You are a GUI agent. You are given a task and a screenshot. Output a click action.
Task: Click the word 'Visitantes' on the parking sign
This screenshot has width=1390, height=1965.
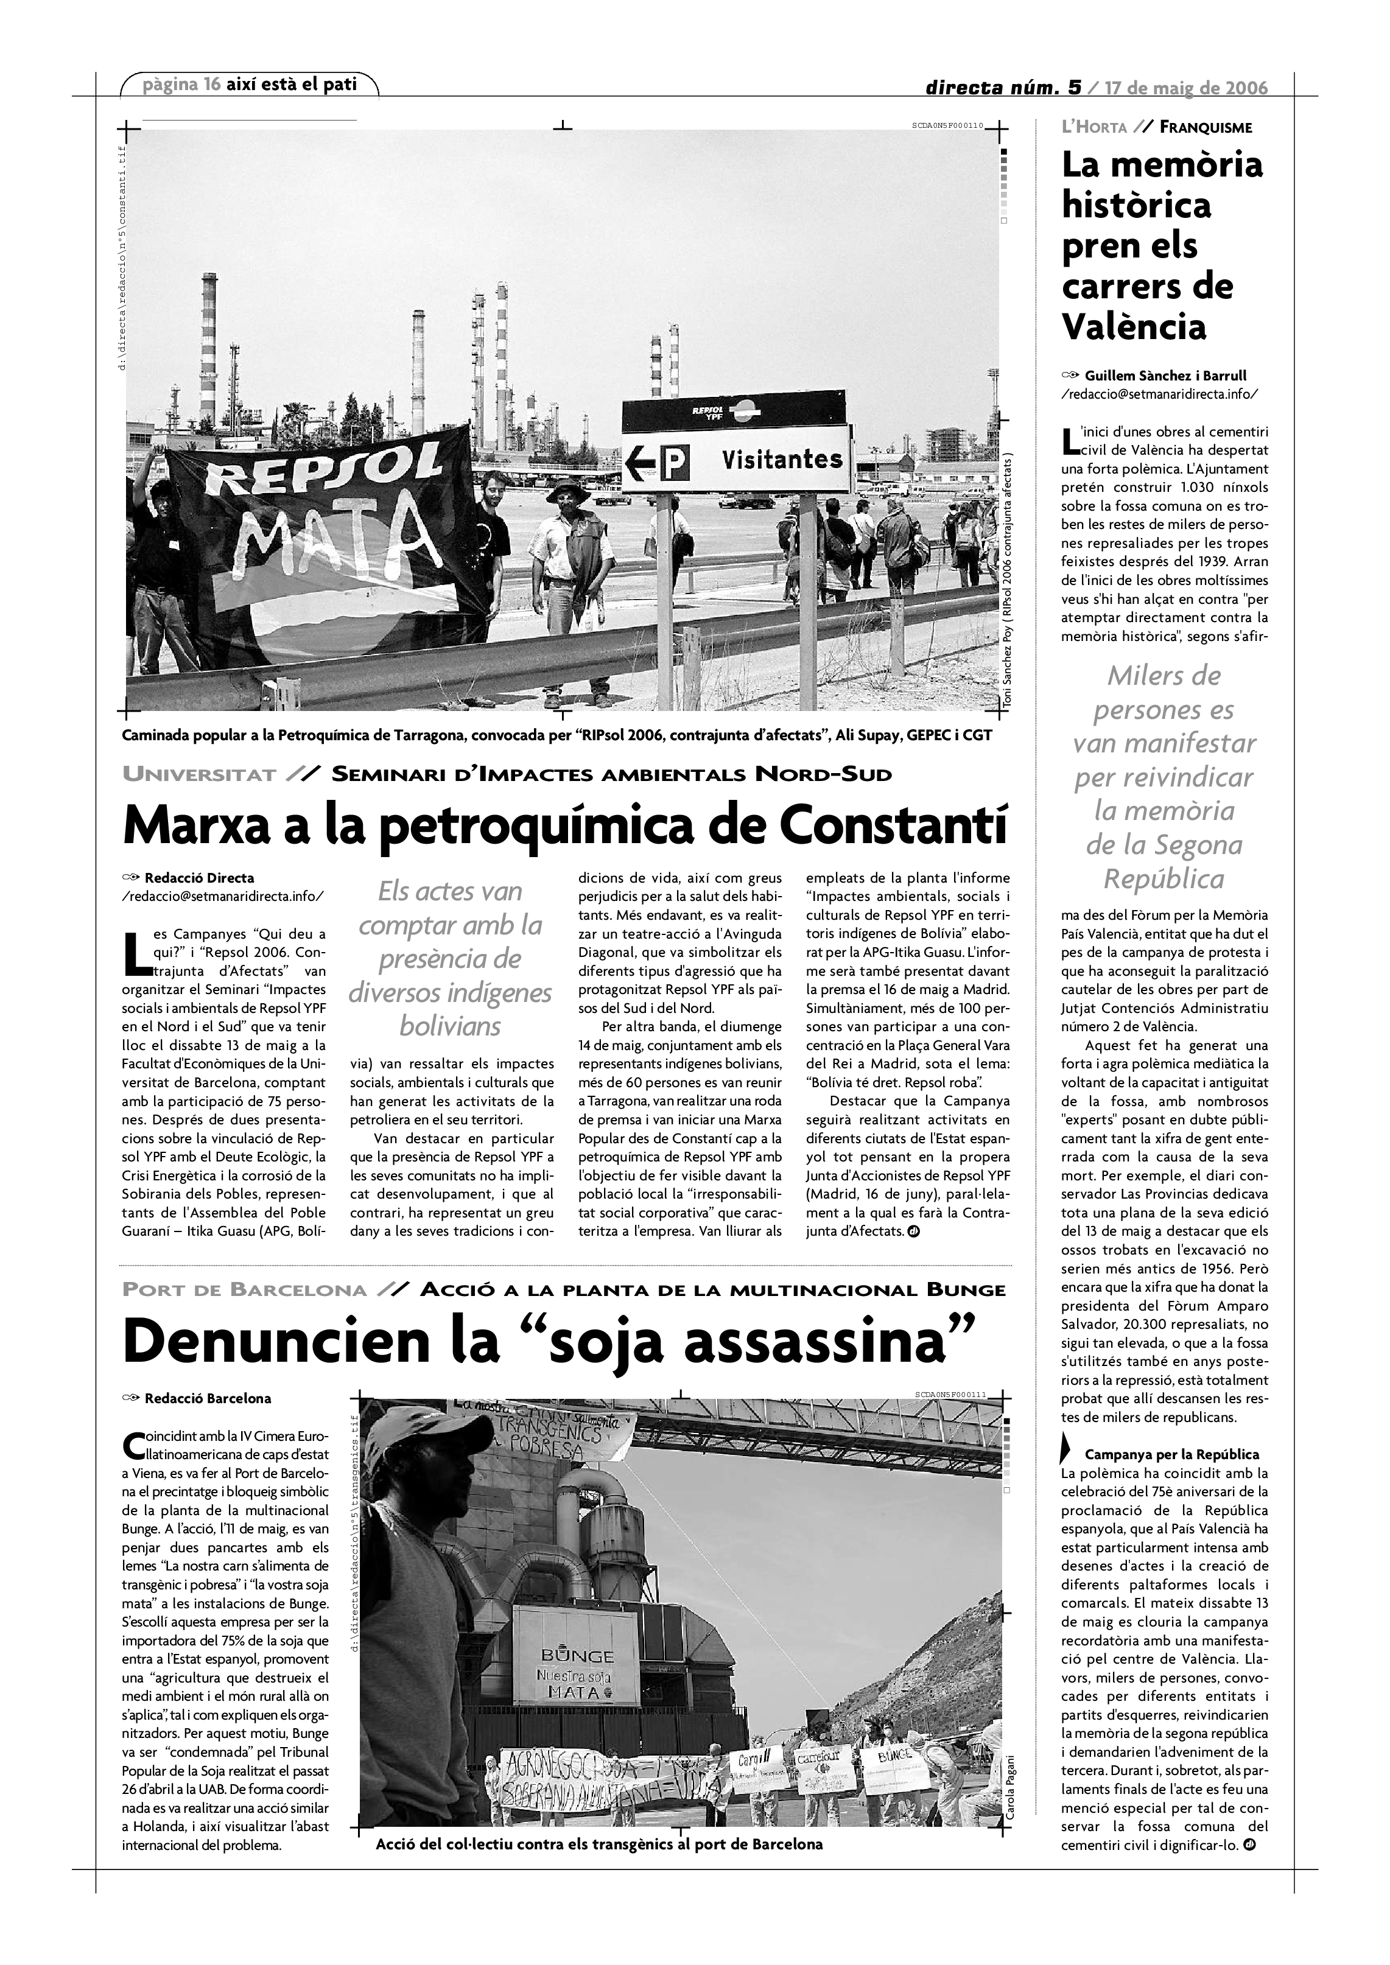pyautogui.click(x=781, y=460)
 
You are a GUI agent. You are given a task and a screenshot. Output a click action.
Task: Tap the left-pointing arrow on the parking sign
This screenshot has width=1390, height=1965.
pyautogui.click(x=639, y=464)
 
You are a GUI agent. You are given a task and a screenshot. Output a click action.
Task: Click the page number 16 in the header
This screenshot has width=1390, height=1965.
pyautogui.click(x=212, y=85)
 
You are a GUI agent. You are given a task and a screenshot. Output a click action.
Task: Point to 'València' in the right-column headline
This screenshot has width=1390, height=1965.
pyautogui.click(x=1134, y=326)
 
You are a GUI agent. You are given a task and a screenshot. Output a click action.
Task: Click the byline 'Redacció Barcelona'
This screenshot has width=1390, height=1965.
pyautogui.click(x=208, y=1398)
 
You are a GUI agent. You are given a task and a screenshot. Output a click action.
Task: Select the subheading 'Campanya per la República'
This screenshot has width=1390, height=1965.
pyautogui.click(x=1172, y=1454)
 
